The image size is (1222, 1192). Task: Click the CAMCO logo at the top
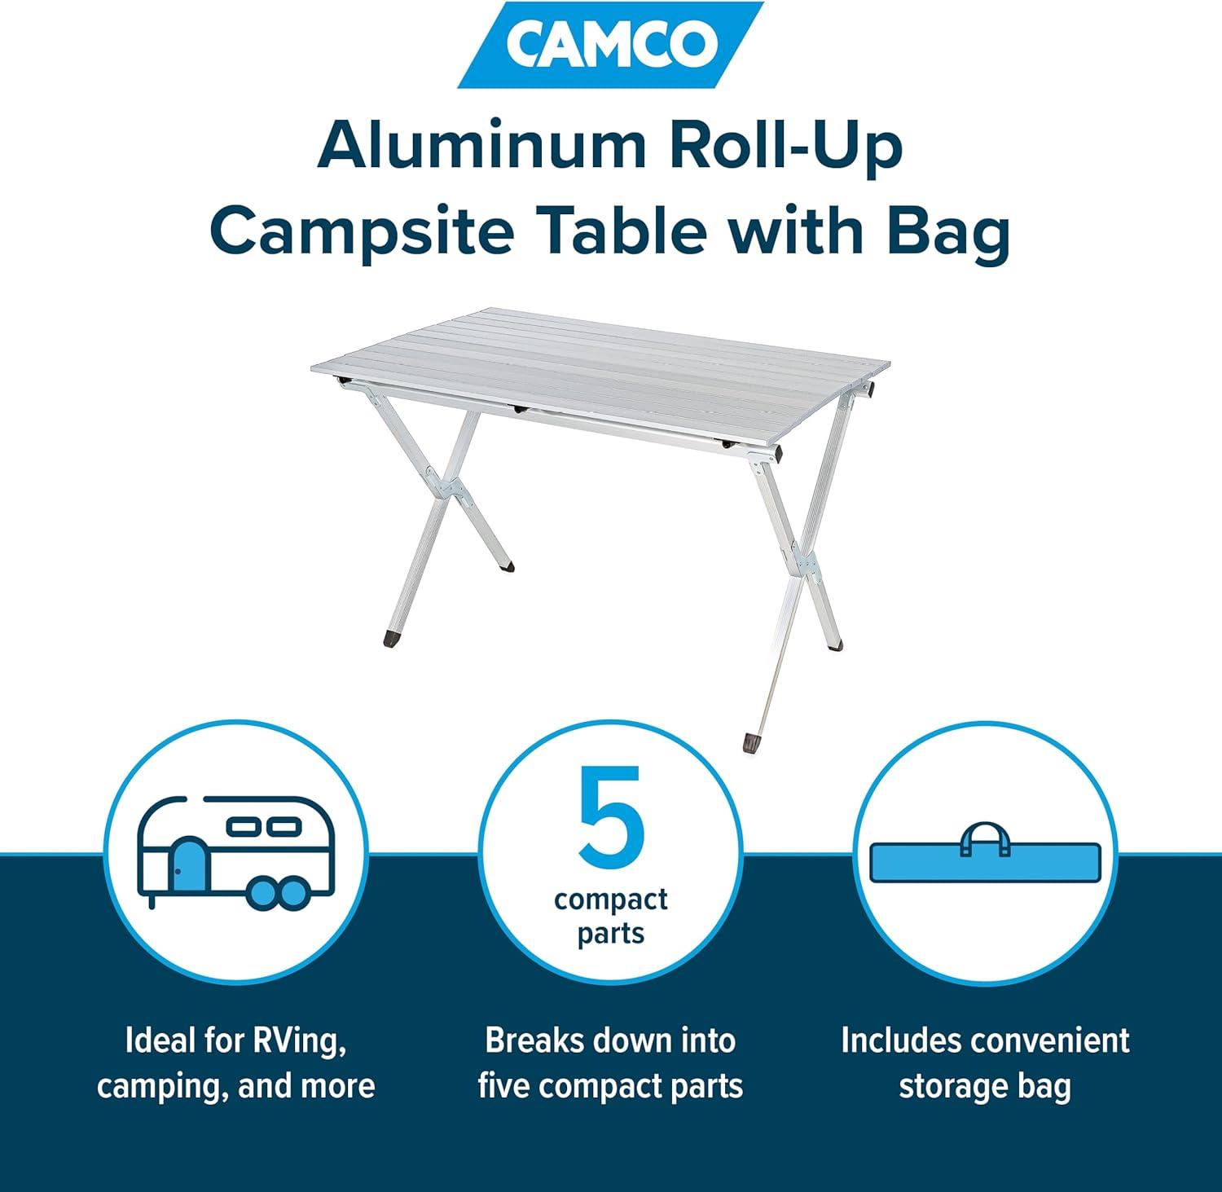click(610, 45)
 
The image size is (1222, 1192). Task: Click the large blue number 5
click(611, 816)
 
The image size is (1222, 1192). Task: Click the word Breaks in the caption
click(534, 1041)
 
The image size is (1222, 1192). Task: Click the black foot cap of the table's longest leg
click(749, 742)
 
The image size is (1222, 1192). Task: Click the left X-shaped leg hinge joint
click(449, 486)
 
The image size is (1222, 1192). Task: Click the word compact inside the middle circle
click(611, 899)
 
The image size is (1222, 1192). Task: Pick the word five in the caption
click(504, 1087)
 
